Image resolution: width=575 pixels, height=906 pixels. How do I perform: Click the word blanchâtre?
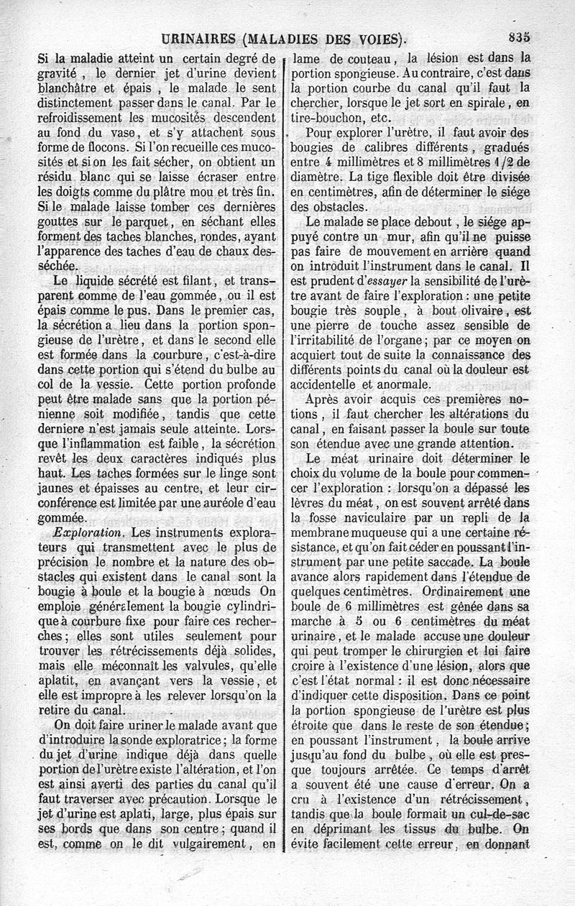pyautogui.click(x=71, y=89)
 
